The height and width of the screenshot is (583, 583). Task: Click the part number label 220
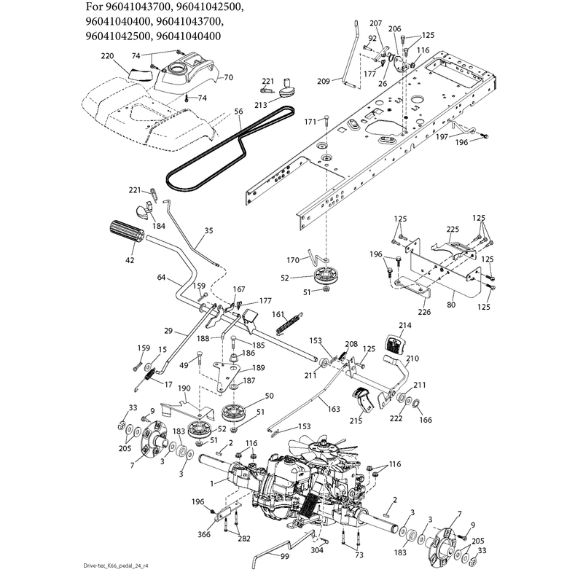click(x=107, y=56)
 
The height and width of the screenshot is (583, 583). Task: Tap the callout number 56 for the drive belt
click(x=239, y=111)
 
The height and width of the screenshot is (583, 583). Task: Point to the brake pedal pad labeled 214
click(x=396, y=345)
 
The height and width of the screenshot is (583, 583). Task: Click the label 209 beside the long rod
click(x=324, y=81)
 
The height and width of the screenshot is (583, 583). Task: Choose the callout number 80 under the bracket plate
click(x=451, y=305)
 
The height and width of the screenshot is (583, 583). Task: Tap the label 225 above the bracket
click(x=453, y=230)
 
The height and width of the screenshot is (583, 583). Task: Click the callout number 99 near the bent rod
click(x=285, y=556)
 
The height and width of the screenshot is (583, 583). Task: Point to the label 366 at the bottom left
click(x=204, y=534)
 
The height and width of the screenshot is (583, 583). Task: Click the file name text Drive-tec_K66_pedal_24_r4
click(x=116, y=566)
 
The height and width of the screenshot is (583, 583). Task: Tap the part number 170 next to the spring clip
click(x=293, y=260)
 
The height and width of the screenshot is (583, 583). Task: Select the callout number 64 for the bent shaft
click(x=161, y=277)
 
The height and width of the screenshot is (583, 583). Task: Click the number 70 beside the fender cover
click(x=229, y=77)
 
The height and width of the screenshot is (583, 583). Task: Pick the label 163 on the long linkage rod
click(x=334, y=409)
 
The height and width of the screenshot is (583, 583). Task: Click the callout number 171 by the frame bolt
click(x=310, y=122)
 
